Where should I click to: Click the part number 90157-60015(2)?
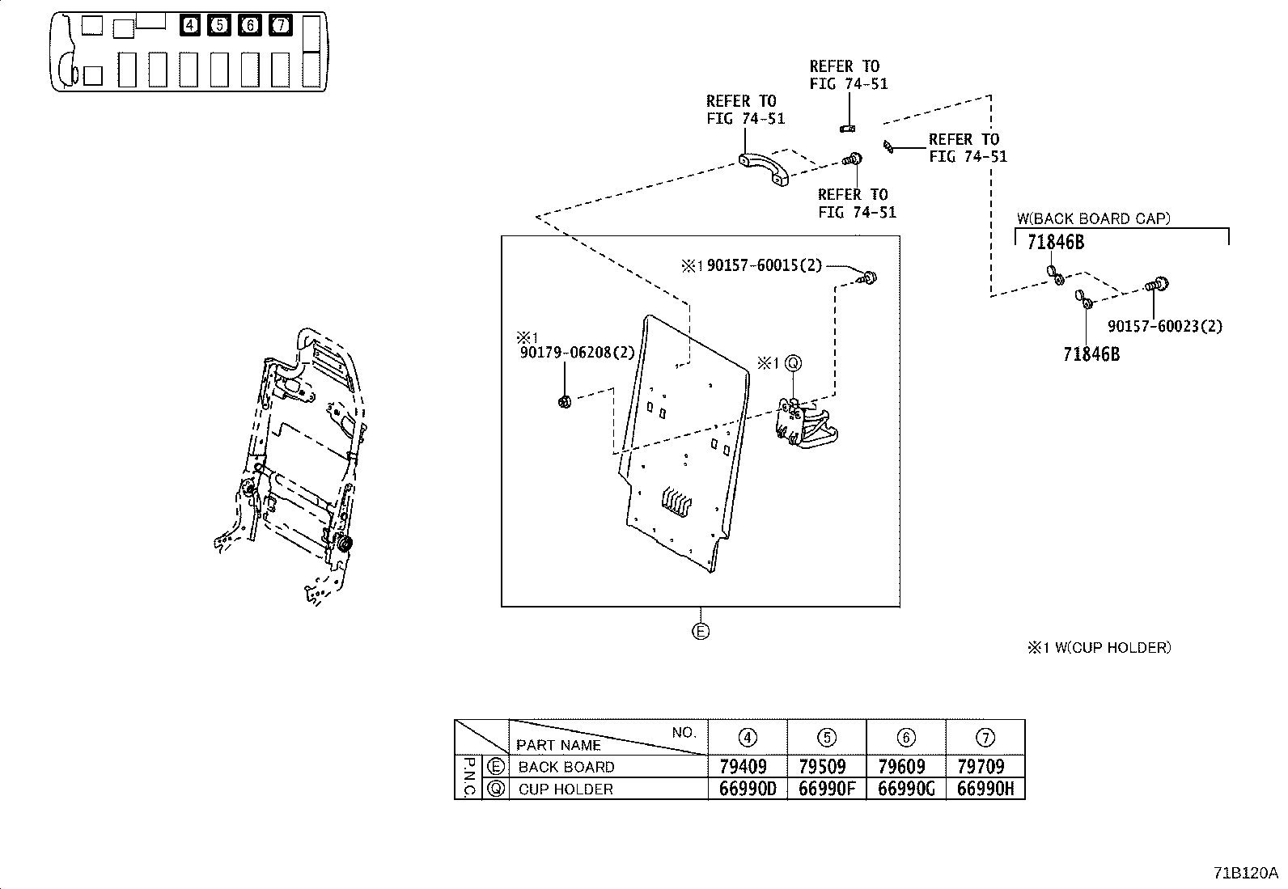[765, 266]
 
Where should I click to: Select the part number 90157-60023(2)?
[1165, 326]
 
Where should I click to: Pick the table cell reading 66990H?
[985, 789]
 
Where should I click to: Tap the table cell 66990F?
[826, 789]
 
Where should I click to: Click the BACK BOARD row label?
[566, 766]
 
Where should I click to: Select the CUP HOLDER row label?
[566, 789]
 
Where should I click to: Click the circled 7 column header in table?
[985, 737]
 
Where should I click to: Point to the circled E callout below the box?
[701, 631]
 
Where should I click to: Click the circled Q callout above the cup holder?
[793, 364]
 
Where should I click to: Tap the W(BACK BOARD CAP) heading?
[1093, 218]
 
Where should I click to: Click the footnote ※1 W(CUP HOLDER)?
[1099, 647]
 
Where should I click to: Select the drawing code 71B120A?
[1244, 874]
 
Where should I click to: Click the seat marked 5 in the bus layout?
[219, 26]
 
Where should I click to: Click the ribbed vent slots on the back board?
[674, 502]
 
